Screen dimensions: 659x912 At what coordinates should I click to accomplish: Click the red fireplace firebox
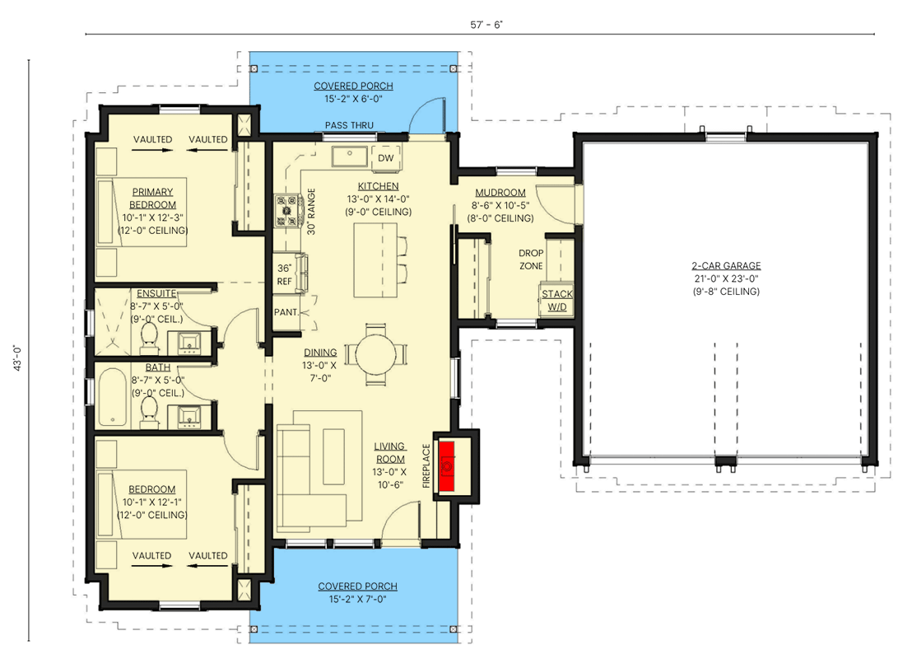[x=447, y=466]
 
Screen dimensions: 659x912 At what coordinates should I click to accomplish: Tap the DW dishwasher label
[x=385, y=158]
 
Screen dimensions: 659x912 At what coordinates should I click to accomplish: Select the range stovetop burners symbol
[x=289, y=210]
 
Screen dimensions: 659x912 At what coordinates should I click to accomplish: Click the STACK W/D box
[x=556, y=301]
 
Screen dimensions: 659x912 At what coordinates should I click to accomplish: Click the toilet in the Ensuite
[x=149, y=336]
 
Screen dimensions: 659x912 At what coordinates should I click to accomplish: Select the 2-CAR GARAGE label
[x=725, y=266]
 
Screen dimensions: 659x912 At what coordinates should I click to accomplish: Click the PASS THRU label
[x=349, y=125]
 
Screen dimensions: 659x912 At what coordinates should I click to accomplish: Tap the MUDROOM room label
[x=499, y=193]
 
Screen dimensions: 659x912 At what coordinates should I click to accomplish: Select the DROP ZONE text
[x=530, y=259]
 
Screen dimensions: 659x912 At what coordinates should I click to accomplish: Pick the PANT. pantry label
[x=286, y=312]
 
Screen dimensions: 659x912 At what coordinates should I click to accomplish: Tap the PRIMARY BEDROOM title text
[x=153, y=198]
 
